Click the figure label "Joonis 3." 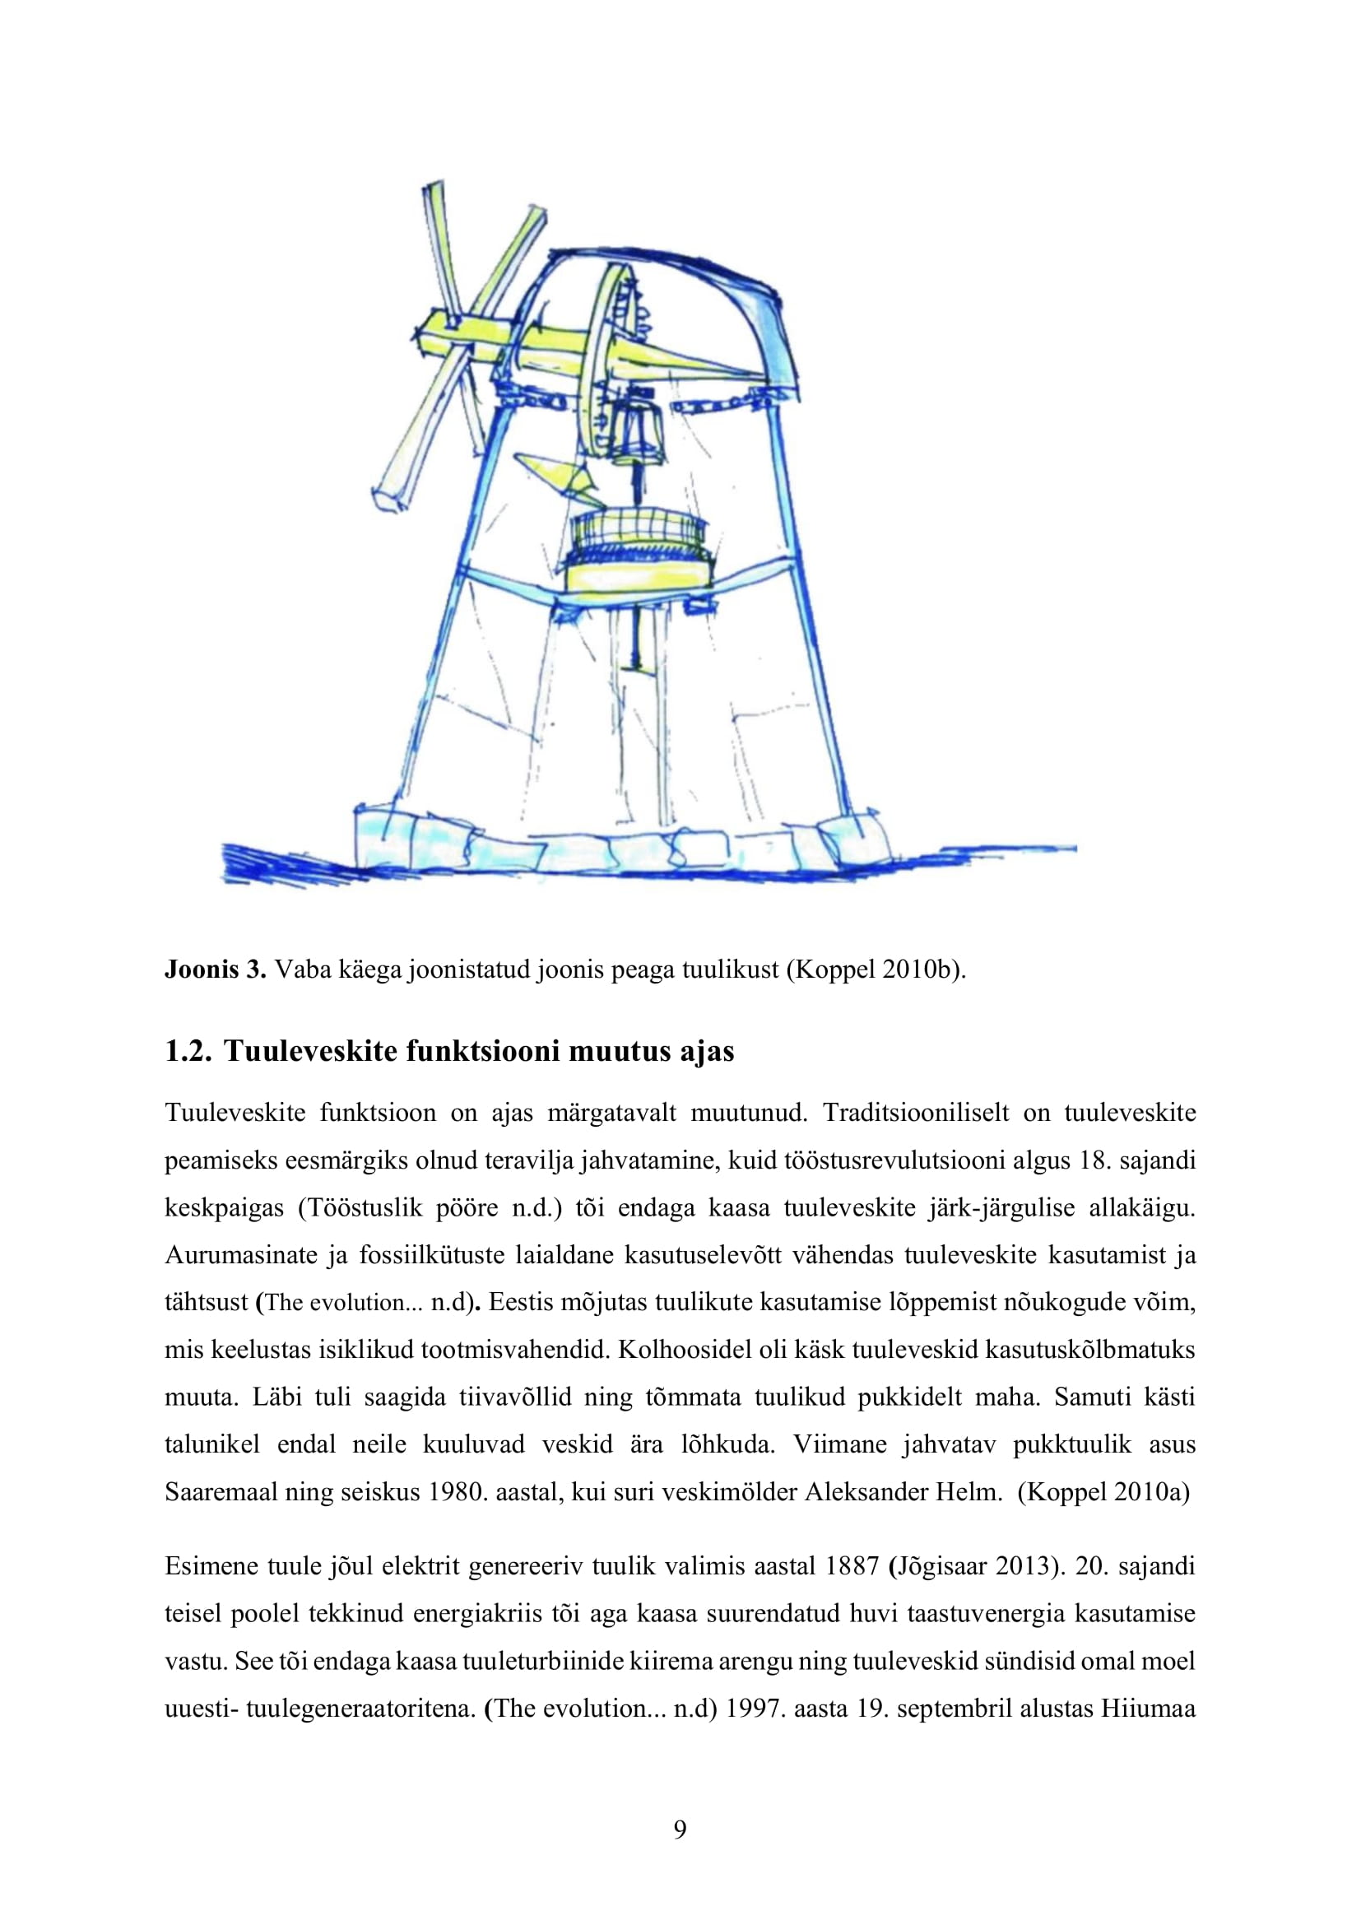coord(216,969)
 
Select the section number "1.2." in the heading coord(187,1050)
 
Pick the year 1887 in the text coord(852,1566)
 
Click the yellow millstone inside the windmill coord(639,577)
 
